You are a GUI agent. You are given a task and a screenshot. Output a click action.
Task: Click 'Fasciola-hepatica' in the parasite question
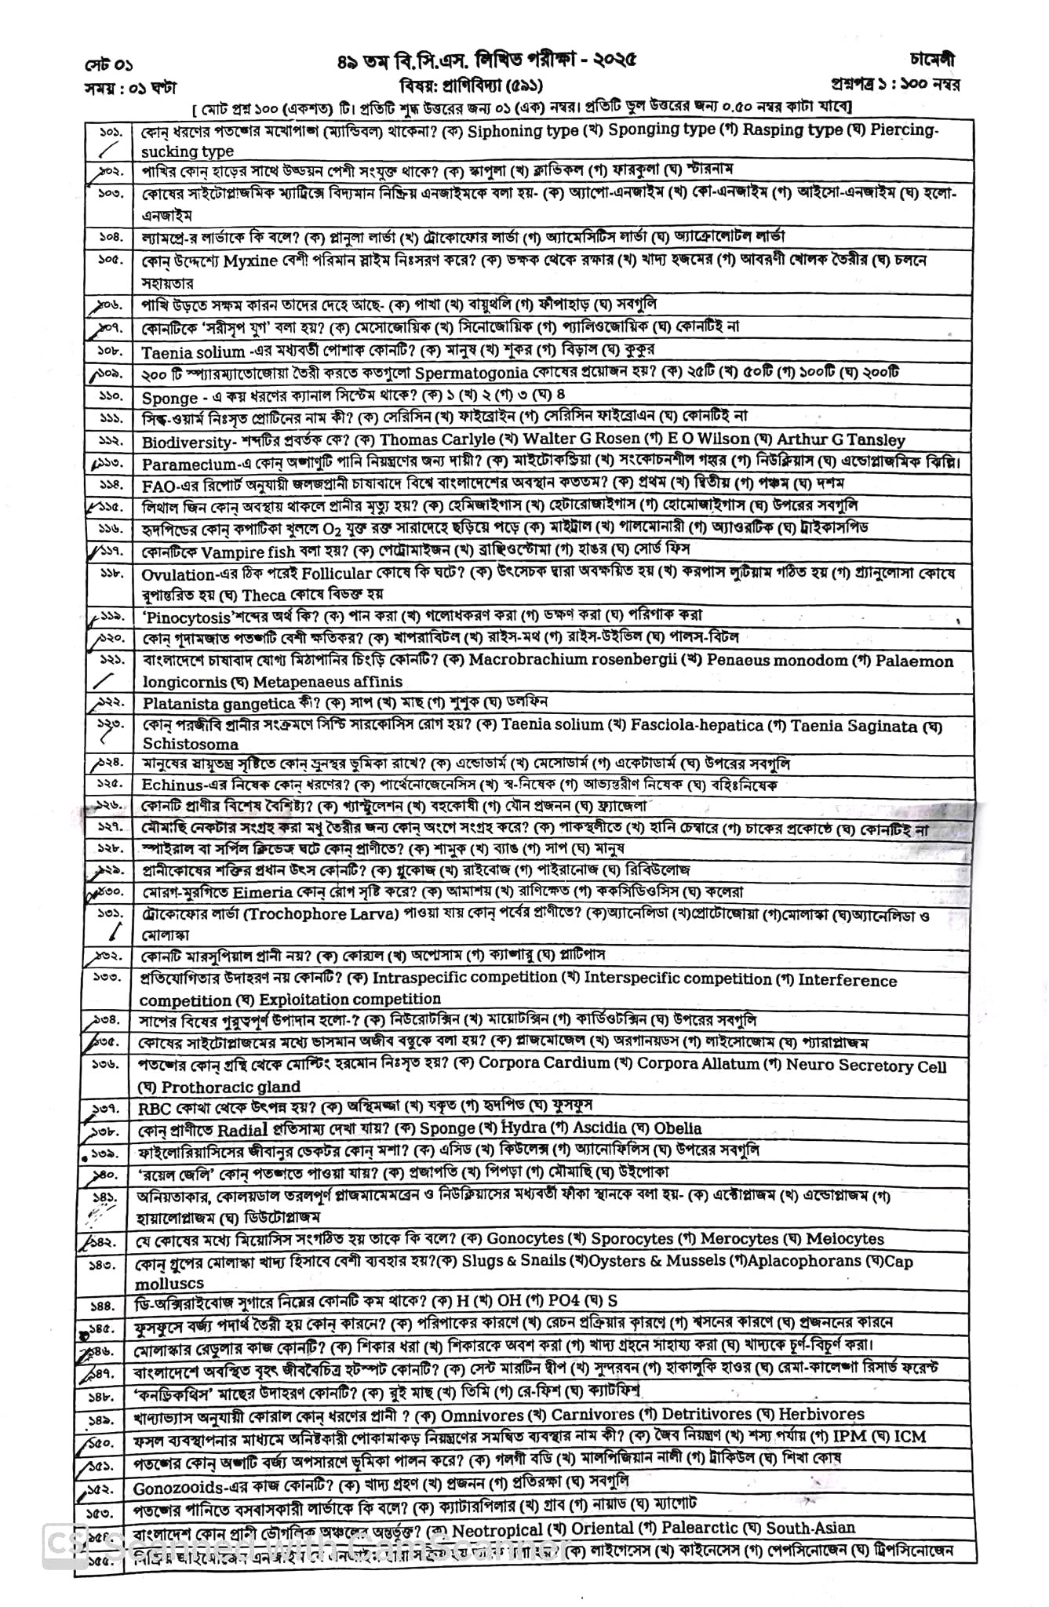pyautogui.click(x=697, y=725)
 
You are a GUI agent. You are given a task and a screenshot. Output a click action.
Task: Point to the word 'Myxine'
pyautogui.click(x=250, y=261)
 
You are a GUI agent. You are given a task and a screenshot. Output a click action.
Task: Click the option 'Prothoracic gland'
pyautogui.click(x=231, y=1087)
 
